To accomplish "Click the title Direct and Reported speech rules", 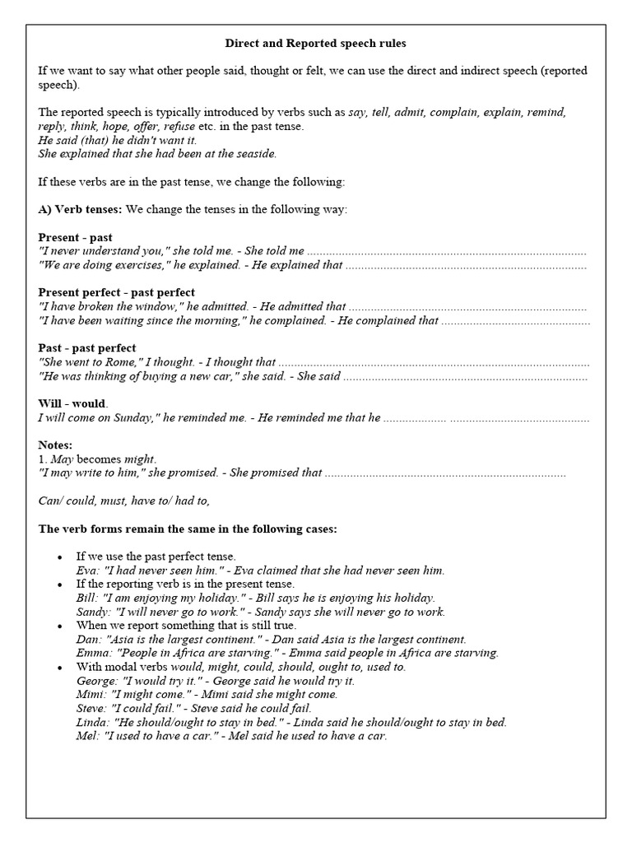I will [x=316, y=43].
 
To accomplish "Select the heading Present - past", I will [x=76, y=237].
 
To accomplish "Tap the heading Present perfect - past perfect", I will [x=117, y=292].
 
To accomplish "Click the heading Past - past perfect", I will [x=87, y=347].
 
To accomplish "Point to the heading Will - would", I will [x=73, y=403].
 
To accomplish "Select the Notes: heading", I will [x=56, y=445].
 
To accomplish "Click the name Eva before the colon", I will [x=86, y=570].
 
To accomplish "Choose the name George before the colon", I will [x=95, y=681].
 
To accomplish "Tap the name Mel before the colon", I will [x=86, y=736].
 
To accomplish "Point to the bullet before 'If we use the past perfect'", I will [x=58, y=557].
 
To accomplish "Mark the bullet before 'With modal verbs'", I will [x=58, y=667].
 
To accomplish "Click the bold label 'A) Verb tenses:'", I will [x=80, y=209].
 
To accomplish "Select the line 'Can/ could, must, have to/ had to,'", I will [x=124, y=501].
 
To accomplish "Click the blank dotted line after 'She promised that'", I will [x=444, y=473].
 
